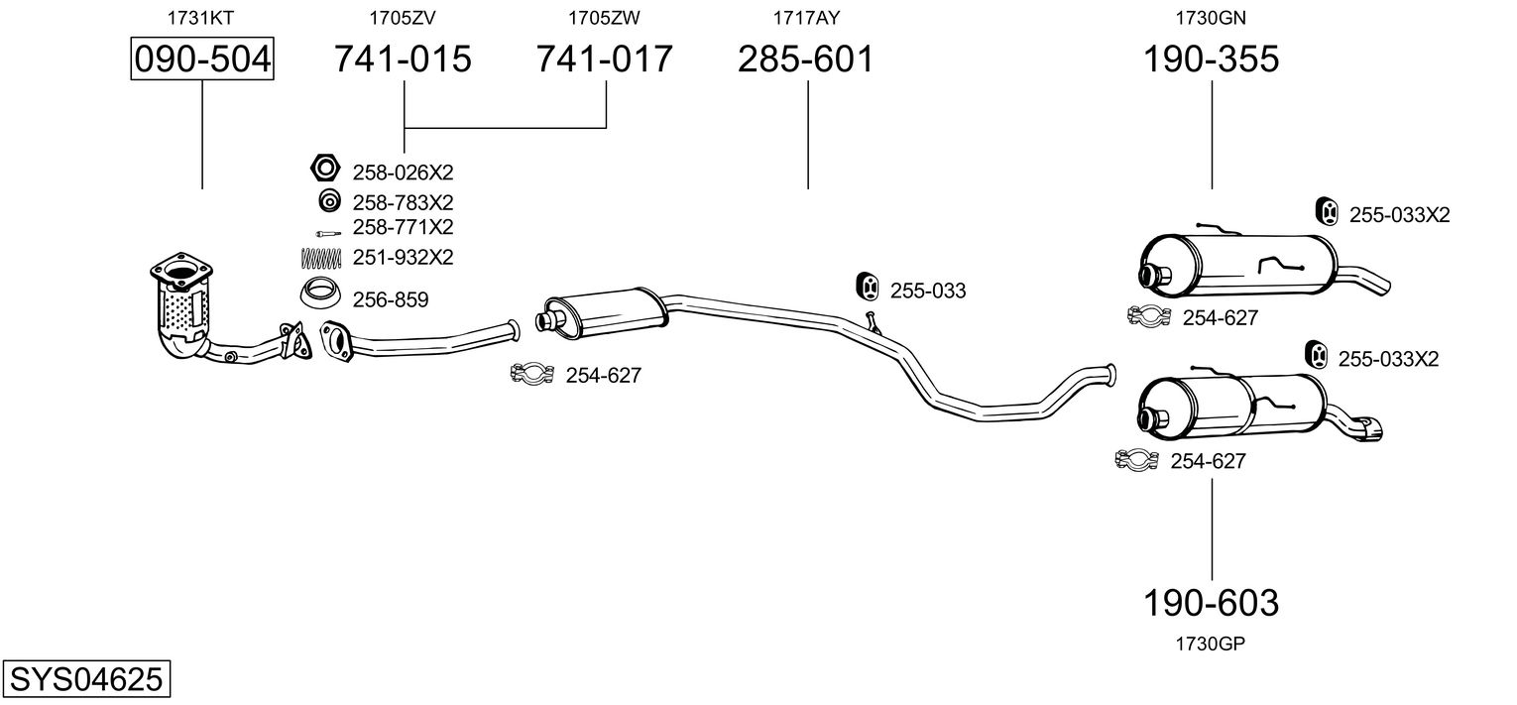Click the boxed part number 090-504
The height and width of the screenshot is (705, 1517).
point(202,59)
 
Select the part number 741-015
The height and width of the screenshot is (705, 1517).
point(403,59)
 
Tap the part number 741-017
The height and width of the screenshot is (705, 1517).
point(605,59)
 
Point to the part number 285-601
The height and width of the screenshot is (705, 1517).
point(806,59)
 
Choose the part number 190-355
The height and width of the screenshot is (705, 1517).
point(1212,59)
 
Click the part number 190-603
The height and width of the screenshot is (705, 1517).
point(1212,602)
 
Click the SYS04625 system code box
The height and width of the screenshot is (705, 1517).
point(85,680)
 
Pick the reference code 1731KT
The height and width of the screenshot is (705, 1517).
point(201,17)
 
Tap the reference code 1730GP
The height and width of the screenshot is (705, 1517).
point(1211,644)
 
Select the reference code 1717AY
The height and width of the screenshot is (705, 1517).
point(806,17)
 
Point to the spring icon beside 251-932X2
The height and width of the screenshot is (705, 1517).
point(320,257)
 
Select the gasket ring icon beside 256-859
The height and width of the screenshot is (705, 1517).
point(320,294)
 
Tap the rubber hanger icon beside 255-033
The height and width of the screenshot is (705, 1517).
point(867,286)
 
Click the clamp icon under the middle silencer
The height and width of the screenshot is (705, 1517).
point(531,374)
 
